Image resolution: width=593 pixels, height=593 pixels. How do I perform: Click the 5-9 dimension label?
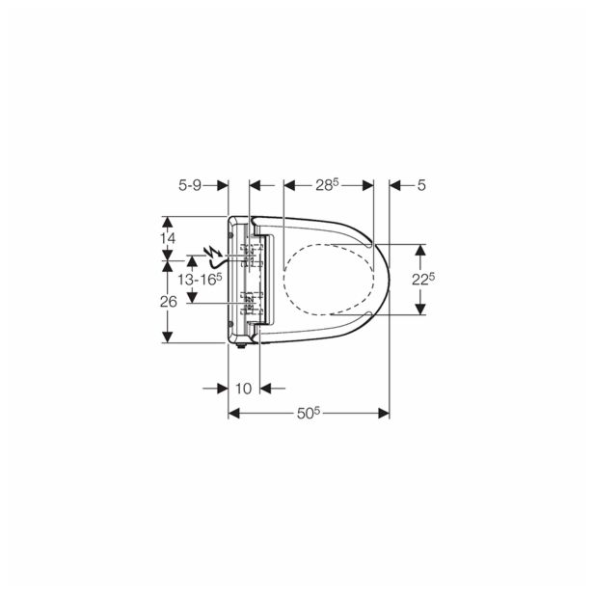coord(190,186)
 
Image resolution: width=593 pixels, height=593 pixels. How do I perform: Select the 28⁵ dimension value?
coord(328,185)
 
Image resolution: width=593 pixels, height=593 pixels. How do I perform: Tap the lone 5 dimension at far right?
coord(421,186)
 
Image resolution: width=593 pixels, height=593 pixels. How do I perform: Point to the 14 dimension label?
coord(167,238)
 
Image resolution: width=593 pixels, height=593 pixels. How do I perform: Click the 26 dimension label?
coord(169,302)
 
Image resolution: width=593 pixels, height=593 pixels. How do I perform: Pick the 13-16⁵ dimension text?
coord(200,279)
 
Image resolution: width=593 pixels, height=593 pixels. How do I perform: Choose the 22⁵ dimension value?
coord(423,279)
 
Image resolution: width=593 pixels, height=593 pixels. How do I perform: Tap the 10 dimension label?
coord(244,389)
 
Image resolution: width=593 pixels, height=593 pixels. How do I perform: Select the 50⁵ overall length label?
coord(309,414)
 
